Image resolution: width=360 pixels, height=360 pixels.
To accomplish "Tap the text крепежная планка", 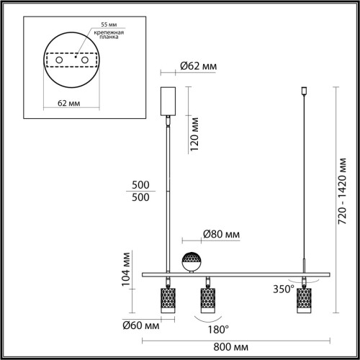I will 103,37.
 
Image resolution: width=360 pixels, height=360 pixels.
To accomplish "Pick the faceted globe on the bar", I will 191,262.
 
